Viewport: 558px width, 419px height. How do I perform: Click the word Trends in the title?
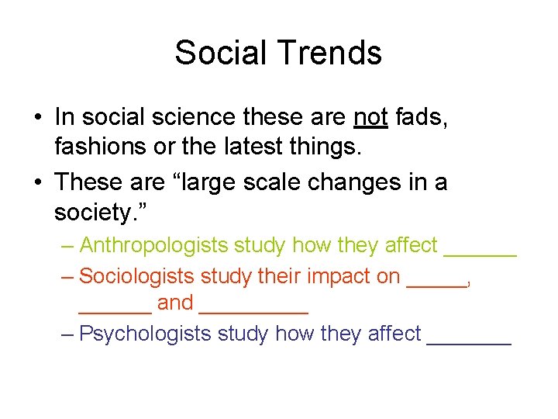[330, 53]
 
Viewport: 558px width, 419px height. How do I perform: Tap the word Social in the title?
[222, 53]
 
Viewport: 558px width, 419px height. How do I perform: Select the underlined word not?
[370, 118]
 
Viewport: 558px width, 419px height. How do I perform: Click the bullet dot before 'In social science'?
[36, 119]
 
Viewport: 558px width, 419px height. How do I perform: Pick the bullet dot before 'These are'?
[36, 183]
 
